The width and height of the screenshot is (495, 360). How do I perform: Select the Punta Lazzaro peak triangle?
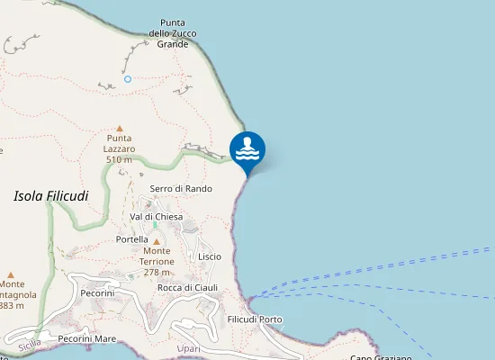coord(119,129)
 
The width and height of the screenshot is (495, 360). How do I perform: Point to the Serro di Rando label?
coord(181,188)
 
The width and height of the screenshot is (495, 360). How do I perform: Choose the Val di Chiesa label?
coord(157,217)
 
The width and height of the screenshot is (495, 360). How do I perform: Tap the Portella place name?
coord(132,240)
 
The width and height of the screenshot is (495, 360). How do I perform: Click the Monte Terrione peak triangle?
coord(157,241)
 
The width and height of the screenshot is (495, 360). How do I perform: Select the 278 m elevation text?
coord(157,272)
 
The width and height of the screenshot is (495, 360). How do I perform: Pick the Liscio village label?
coord(210,256)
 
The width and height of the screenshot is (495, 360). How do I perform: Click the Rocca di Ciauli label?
coord(188,287)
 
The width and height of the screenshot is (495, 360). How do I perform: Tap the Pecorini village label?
coord(97,293)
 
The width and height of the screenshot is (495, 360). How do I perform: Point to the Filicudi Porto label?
coord(256,319)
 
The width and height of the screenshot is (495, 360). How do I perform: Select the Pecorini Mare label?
coord(87,339)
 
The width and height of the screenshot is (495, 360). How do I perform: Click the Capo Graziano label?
coord(381,357)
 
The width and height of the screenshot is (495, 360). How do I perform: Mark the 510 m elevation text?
coord(119,159)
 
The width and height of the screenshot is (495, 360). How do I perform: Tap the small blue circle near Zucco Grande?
coord(128,79)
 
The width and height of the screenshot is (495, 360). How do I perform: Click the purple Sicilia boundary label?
coord(29,343)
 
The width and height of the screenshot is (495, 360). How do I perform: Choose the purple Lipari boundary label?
coord(188,348)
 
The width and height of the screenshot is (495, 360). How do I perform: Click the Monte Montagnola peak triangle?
coord(11,274)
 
